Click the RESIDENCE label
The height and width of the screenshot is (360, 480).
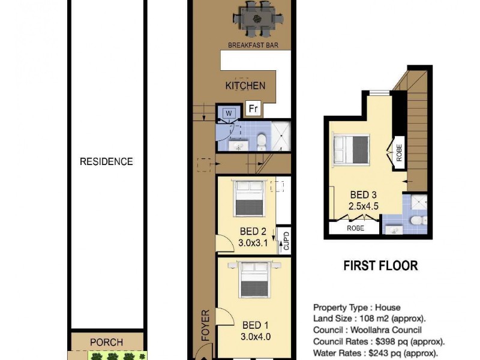pyautogui.click(x=106, y=161)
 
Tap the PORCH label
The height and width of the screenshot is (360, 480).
pyautogui.click(x=106, y=342)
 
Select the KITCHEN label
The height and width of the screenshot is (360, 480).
pyautogui.click(x=245, y=86)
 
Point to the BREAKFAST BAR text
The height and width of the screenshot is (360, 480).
pyautogui.click(x=253, y=45)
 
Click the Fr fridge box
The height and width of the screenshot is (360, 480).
pyautogui.click(x=253, y=109)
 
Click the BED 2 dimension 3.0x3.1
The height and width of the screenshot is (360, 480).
pyautogui.click(x=253, y=243)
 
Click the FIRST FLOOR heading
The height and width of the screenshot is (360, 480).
pyautogui.click(x=380, y=265)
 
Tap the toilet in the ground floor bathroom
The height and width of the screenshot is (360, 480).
pyautogui.click(x=262, y=141)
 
